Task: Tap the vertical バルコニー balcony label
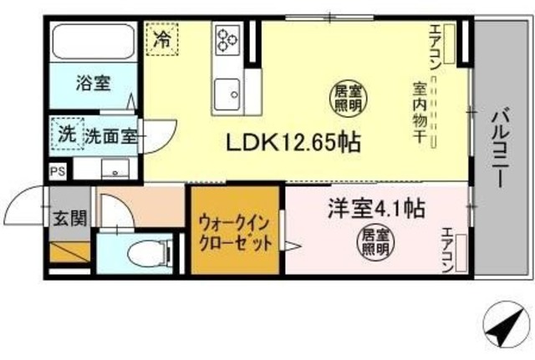point(502,150)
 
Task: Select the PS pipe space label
point(57,172)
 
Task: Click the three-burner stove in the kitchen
point(228,38)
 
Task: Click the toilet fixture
point(148,252)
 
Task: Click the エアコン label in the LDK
point(436,50)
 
